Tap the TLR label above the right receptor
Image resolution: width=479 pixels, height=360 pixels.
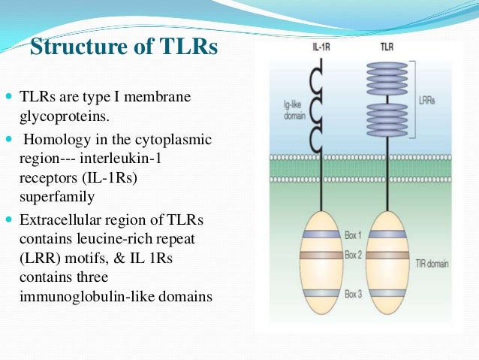tap(387, 47)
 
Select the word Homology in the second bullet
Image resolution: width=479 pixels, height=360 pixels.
tap(56, 140)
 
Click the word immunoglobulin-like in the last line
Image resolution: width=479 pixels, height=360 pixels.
tap(83, 295)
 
